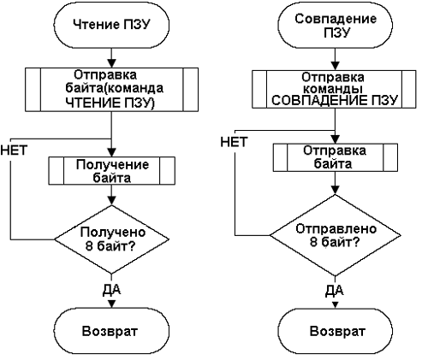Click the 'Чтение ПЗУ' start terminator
(x=111, y=25)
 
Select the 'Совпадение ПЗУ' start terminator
(x=336, y=26)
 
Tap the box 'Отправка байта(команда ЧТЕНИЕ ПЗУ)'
(x=111, y=90)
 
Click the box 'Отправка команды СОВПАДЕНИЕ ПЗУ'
(x=334, y=89)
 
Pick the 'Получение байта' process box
(x=111, y=171)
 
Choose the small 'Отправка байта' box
(x=336, y=157)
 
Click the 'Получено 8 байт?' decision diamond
(x=111, y=239)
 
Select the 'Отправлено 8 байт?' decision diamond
(x=336, y=235)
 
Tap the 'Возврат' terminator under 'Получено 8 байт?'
(x=111, y=331)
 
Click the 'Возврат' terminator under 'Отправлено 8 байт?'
(x=336, y=331)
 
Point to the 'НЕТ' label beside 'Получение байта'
(x=14, y=150)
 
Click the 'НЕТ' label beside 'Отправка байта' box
(x=234, y=142)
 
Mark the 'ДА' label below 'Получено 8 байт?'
(x=111, y=289)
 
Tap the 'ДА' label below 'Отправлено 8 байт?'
(x=335, y=290)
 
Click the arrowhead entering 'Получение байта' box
(x=111, y=152)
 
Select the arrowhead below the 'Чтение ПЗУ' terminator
(x=111, y=63)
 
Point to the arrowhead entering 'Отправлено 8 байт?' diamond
(x=336, y=190)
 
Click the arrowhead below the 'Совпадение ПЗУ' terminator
(x=336, y=66)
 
